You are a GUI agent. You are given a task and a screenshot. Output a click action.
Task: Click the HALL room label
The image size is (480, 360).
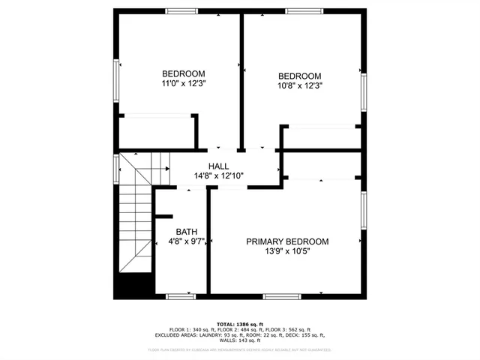pyautogui.click(x=218, y=166)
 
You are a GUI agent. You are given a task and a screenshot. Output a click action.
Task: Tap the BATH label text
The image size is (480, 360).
pyautogui.click(x=186, y=232)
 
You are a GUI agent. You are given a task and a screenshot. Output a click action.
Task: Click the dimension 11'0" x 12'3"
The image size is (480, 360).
pyautogui.click(x=184, y=84)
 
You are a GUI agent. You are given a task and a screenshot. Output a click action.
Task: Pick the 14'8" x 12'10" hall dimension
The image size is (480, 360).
pyautogui.click(x=218, y=176)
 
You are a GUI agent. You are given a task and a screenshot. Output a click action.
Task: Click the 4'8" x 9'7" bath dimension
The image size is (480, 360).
pyautogui.click(x=186, y=241)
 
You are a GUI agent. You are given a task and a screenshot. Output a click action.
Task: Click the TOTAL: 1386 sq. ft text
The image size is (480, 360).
pyautogui.click(x=240, y=322)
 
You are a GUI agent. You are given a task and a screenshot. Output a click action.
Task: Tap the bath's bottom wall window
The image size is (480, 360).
pyautogui.click(x=179, y=295)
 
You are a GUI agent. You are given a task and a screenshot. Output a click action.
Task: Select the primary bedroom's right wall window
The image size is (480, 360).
pyautogui.click(x=364, y=211)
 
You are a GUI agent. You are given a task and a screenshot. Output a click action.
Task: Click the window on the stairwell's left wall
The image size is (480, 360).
pyautogui.click(x=115, y=169)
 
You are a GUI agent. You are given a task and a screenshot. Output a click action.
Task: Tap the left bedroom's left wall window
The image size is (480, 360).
pyautogui.click(x=115, y=77)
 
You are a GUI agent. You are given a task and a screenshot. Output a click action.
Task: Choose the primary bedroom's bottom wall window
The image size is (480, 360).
pyautogui.click(x=285, y=295)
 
